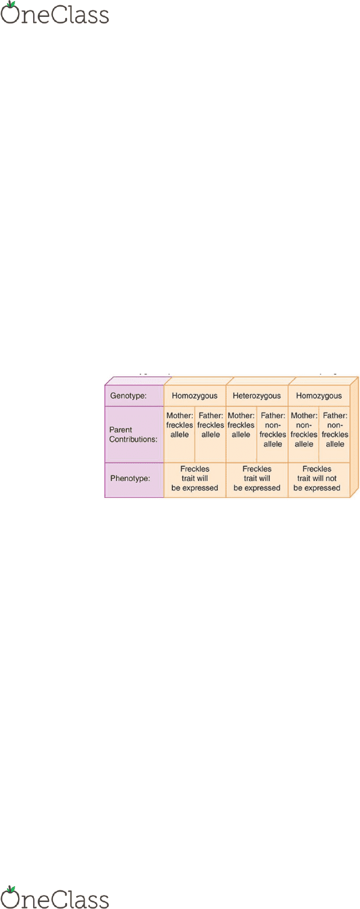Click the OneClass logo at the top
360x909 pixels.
pyautogui.click(x=55, y=13)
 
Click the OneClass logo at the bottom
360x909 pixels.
pyautogui.click(x=55, y=897)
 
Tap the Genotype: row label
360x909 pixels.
pyautogui.click(x=128, y=395)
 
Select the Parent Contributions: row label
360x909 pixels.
pyautogui.click(x=133, y=434)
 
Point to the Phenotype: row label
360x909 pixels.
pyautogui.click(x=130, y=478)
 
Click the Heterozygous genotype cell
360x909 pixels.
pyautogui.click(x=257, y=395)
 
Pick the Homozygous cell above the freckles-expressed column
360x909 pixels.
pyautogui.click(x=195, y=395)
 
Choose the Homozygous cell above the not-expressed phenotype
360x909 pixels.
pyautogui.click(x=319, y=395)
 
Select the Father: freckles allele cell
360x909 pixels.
pyautogui.click(x=211, y=434)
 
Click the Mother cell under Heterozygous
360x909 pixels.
pyautogui.click(x=241, y=434)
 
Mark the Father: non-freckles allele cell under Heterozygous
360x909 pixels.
pyautogui.click(x=273, y=434)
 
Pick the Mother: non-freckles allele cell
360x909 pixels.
pyautogui.click(x=303, y=434)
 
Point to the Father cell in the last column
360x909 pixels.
pyautogui.click(x=335, y=434)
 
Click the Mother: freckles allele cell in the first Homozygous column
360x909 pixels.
pyautogui.click(x=179, y=434)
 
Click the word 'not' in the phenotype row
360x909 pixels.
pyautogui.click(x=331, y=479)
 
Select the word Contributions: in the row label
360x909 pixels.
pyautogui.click(x=133, y=439)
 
